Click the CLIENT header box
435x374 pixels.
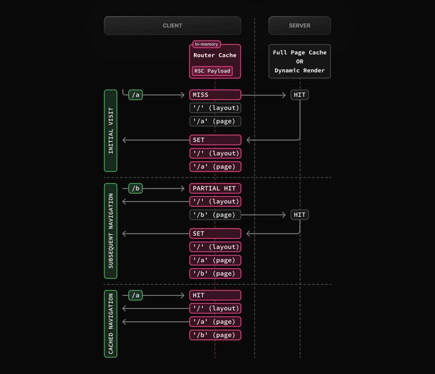point(173,25)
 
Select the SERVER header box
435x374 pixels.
point(299,25)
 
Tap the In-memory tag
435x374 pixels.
point(206,44)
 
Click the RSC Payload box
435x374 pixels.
point(212,71)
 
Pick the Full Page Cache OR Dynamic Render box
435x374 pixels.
point(299,61)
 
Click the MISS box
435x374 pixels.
point(215,95)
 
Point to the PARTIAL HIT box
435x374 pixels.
point(215,188)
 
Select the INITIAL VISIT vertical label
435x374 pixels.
point(111,131)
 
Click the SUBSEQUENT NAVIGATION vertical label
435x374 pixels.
point(111,231)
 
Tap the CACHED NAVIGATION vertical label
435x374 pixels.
point(111,324)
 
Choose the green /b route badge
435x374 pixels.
point(136,189)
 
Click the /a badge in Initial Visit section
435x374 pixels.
point(136,95)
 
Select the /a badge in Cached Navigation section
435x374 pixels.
point(136,296)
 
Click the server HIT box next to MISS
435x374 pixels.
point(299,95)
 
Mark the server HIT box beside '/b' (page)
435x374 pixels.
point(299,215)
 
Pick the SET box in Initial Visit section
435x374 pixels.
point(215,140)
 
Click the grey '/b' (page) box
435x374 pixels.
point(215,215)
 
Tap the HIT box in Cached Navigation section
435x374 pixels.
point(215,295)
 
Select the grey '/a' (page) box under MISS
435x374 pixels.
point(215,121)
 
